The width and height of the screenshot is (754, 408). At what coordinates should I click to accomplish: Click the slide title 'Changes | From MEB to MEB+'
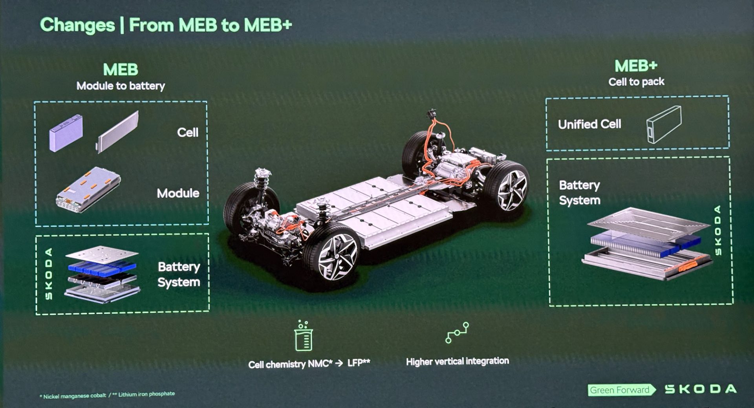tap(166, 25)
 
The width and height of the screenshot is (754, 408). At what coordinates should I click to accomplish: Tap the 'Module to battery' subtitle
tap(121, 86)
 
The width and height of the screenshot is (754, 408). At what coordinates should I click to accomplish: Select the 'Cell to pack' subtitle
tap(636, 82)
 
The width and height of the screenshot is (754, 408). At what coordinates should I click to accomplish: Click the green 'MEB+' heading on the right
tap(636, 66)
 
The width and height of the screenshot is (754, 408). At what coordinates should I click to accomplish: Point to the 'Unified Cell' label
tap(589, 124)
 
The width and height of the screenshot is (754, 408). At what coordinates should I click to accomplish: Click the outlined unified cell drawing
tap(664, 124)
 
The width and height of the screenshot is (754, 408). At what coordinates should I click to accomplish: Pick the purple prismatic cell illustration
tap(66, 133)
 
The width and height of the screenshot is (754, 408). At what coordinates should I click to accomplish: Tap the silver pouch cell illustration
tap(118, 132)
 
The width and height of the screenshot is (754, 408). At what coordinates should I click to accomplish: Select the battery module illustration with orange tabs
tap(88, 190)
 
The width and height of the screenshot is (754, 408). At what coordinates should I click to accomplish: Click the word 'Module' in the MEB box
tap(178, 193)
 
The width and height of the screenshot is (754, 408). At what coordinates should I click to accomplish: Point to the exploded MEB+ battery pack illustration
tap(646, 243)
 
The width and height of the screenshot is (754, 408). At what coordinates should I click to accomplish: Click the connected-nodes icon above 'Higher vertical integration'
tap(457, 333)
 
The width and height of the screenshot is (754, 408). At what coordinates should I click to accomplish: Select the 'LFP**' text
tap(358, 363)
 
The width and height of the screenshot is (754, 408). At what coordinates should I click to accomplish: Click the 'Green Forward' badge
tap(620, 390)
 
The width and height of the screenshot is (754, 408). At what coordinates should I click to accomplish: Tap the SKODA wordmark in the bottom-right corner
tap(701, 389)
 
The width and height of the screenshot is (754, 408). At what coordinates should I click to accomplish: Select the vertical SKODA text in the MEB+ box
tap(718, 231)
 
